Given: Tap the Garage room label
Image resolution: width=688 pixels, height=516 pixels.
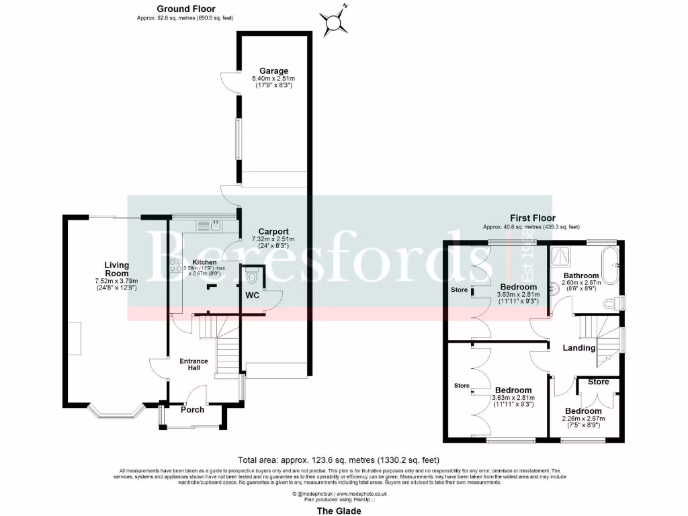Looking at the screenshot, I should tap(274, 71).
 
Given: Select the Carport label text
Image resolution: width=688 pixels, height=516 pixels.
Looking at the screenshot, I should tap(274, 230).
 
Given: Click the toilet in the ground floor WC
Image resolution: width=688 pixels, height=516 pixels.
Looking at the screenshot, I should tap(253, 276).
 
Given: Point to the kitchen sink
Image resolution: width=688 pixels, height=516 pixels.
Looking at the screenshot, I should tap(215, 226).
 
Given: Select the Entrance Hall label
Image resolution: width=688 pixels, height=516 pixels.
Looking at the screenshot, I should tap(193, 365).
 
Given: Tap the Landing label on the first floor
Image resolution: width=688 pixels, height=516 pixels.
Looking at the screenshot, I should tap(579, 348).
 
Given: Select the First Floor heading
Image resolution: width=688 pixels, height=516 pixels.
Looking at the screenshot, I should tap(531, 218).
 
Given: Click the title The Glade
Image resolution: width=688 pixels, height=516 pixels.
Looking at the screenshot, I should tap(339, 511).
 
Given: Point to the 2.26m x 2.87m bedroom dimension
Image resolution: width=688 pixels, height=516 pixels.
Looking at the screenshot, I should tap(583, 419).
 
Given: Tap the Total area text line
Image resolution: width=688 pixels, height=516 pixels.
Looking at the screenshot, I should tap(339, 460).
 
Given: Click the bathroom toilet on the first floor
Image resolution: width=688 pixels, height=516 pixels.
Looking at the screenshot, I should tap(610, 303).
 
